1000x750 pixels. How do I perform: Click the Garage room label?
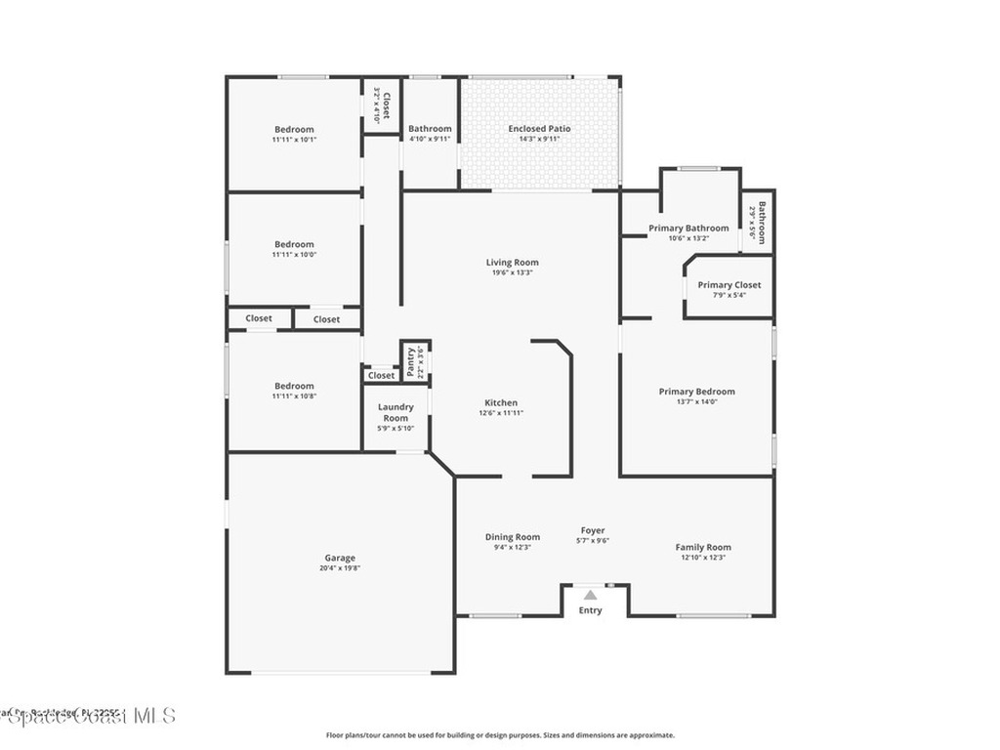340,558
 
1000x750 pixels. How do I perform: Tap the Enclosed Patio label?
539,129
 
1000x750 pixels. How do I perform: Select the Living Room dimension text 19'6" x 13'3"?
512,272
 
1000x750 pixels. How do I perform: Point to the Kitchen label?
501,402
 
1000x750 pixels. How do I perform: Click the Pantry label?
411,358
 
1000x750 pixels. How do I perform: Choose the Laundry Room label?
396,412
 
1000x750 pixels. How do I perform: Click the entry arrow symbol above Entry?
590,594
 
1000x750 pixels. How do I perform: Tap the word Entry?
590,610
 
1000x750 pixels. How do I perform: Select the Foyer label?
593,530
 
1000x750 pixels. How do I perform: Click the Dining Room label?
513,536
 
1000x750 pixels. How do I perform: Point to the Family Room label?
703,547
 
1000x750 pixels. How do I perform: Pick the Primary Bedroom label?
696,392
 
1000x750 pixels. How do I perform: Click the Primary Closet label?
729,285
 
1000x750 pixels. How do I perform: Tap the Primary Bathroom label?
688,229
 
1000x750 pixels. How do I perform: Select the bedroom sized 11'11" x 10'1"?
294,134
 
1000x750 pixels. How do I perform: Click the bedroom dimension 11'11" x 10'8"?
294,396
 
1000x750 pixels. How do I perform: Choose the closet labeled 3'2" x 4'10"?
381,104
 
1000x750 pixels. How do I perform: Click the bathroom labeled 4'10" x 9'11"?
430,134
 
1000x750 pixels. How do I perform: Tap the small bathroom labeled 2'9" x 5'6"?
758,222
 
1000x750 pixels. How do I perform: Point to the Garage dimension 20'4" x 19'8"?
340,567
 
